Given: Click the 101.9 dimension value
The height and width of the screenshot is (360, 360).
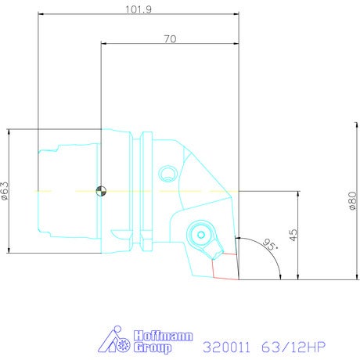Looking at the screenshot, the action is pos(139,9).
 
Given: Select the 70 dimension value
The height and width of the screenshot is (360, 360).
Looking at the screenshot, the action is pos(170,39).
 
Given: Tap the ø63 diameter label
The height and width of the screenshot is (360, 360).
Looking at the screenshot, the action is pos(5,191).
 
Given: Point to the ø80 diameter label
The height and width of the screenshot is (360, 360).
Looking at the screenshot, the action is pos(353,200).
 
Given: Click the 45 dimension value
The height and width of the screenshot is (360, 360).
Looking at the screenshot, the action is pos(293,235).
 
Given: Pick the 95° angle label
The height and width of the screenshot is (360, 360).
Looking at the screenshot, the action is pos(270,244).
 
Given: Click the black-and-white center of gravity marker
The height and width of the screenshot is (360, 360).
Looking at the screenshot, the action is pos(101,191).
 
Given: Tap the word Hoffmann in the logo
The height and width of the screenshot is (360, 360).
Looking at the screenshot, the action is pos(164,336).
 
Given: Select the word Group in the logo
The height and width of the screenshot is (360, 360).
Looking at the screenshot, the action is pos(153,347).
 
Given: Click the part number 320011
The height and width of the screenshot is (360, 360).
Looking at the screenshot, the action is pos(226,347).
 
